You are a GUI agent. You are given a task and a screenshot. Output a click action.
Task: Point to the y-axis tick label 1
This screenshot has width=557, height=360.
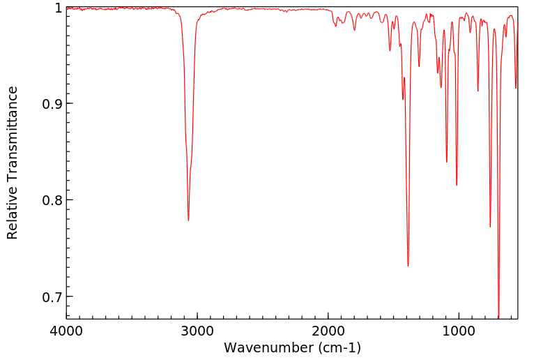pyautogui.click(x=56, y=8)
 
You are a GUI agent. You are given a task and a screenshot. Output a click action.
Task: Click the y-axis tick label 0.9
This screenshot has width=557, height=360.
pyautogui.click(x=49, y=104)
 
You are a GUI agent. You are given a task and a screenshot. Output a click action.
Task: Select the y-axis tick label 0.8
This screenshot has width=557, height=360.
pyautogui.click(x=49, y=200)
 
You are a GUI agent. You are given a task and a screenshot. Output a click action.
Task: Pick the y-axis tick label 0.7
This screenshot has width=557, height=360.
pyautogui.click(x=49, y=297)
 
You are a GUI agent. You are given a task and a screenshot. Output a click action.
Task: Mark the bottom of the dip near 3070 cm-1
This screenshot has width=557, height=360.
pyautogui.click(x=188, y=220)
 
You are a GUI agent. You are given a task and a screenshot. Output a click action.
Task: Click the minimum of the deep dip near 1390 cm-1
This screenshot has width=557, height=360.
pyautogui.click(x=408, y=266)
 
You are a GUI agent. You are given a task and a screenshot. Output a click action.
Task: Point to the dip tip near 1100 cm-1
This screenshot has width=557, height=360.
pyautogui.click(x=446, y=162)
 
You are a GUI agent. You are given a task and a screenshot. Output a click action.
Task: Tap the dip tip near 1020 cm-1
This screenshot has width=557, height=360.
pyautogui.click(x=457, y=185)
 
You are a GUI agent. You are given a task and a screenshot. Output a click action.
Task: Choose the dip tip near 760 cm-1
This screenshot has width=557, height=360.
pyautogui.click(x=490, y=227)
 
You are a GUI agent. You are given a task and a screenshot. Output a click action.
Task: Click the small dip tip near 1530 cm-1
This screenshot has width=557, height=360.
pyautogui.click(x=390, y=50)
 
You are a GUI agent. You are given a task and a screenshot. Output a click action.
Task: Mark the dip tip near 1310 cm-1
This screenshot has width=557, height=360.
pyautogui.click(x=419, y=66)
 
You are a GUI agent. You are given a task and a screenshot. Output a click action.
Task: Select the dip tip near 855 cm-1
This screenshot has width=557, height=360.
pyautogui.click(x=478, y=91)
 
